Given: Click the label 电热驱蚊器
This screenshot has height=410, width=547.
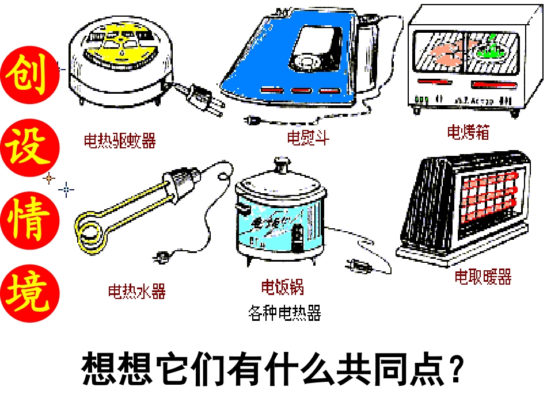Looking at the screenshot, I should (120, 140).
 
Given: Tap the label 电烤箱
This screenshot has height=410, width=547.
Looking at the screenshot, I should (468, 132).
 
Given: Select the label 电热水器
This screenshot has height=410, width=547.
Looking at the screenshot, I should (137, 292).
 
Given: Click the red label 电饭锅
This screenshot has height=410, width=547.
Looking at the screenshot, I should (282, 286).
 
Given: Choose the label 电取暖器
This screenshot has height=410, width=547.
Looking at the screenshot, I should (483, 277).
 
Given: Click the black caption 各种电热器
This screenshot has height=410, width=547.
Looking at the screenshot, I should (284, 313).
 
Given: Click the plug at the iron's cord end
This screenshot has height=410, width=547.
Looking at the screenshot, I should (252, 120).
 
